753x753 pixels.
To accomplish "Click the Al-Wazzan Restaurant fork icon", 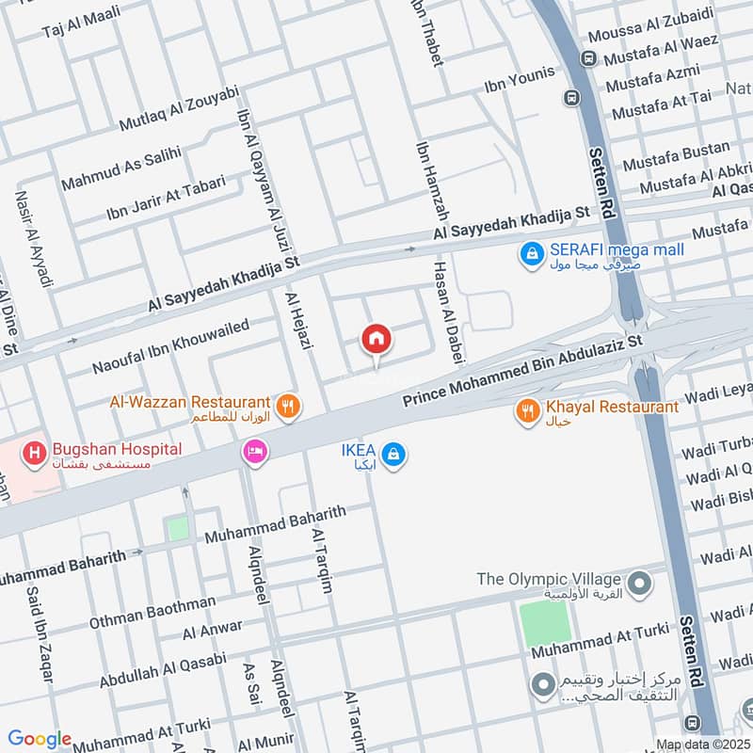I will point(290,407).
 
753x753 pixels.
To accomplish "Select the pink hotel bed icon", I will point(254,454).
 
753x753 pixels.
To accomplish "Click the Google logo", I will point(40,739).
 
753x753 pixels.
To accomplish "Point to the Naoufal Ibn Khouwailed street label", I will point(170,346).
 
